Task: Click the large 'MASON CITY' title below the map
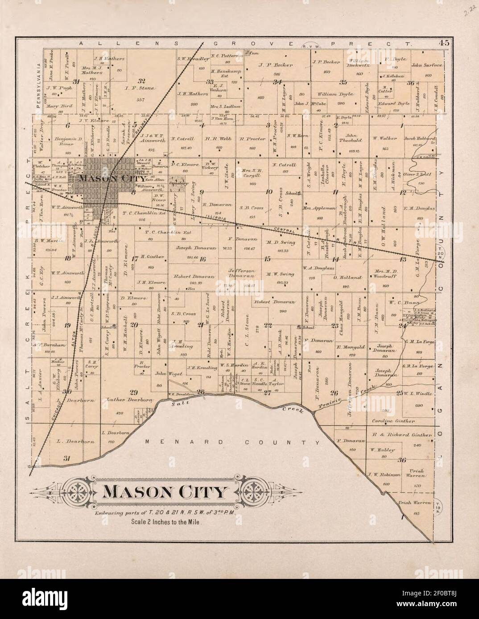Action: tap(165, 493)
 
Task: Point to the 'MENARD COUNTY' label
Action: tap(232, 443)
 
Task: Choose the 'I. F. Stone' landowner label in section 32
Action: tap(142, 88)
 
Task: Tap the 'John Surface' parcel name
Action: tap(427, 65)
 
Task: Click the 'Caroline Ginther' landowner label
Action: tap(391, 421)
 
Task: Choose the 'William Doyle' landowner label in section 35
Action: tap(335, 94)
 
